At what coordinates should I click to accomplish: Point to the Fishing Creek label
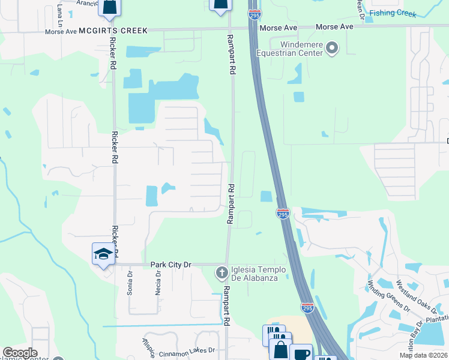coord(393,13)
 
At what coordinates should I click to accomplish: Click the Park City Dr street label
coord(170,264)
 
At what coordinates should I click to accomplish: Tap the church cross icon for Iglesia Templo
coord(221,273)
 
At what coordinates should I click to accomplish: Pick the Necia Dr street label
coord(158,280)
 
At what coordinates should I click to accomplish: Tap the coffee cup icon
coord(300,353)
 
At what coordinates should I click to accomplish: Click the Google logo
coord(20,353)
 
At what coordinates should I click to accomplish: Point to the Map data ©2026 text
coord(423,355)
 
